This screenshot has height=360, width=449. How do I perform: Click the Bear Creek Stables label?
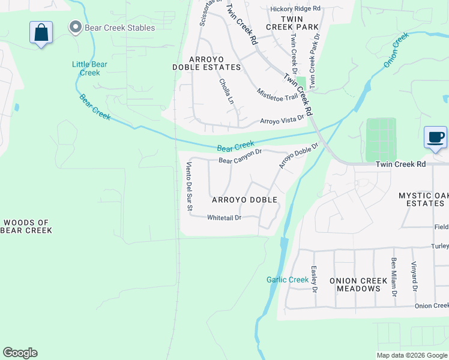click(x=121, y=28)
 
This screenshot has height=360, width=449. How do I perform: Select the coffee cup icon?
click(x=435, y=137)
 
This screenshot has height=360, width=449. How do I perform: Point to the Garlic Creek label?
click(x=288, y=280)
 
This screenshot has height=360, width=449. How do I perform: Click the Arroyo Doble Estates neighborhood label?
click(x=215, y=63)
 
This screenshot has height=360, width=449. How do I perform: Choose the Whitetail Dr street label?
click(x=224, y=218)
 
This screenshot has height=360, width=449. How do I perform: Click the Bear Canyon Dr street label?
click(x=240, y=157)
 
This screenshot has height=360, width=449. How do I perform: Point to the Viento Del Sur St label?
click(x=188, y=187)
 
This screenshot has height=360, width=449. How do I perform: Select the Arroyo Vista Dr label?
click(x=282, y=120)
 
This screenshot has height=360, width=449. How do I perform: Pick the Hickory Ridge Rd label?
click(x=295, y=9)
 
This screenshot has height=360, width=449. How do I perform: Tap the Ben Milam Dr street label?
click(x=394, y=277)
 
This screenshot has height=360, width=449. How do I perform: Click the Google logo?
click(x=20, y=353)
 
